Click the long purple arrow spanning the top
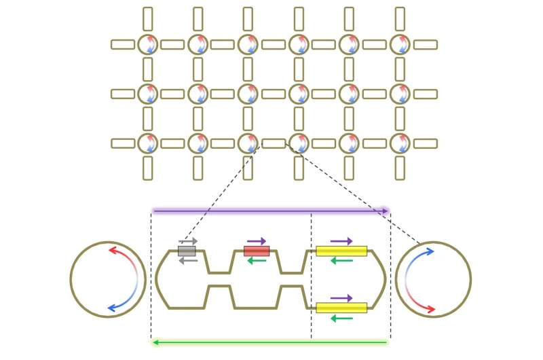click(271, 211)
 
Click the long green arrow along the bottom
click(271, 342)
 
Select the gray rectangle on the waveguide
click(187, 251)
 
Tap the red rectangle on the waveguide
click(257, 251)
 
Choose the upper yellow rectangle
click(341, 251)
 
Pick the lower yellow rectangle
click(341, 308)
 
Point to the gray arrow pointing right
click(188, 241)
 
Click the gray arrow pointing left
click(188, 261)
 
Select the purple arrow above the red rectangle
click(257, 241)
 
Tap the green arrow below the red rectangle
click(257, 261)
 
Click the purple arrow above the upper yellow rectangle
click(341, 241)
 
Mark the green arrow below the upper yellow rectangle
click(341, 261)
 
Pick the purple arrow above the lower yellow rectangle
click(341, 298)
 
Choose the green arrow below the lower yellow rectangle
click(341, 317)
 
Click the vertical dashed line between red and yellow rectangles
click(312, 285)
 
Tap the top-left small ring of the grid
click(147, 45)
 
